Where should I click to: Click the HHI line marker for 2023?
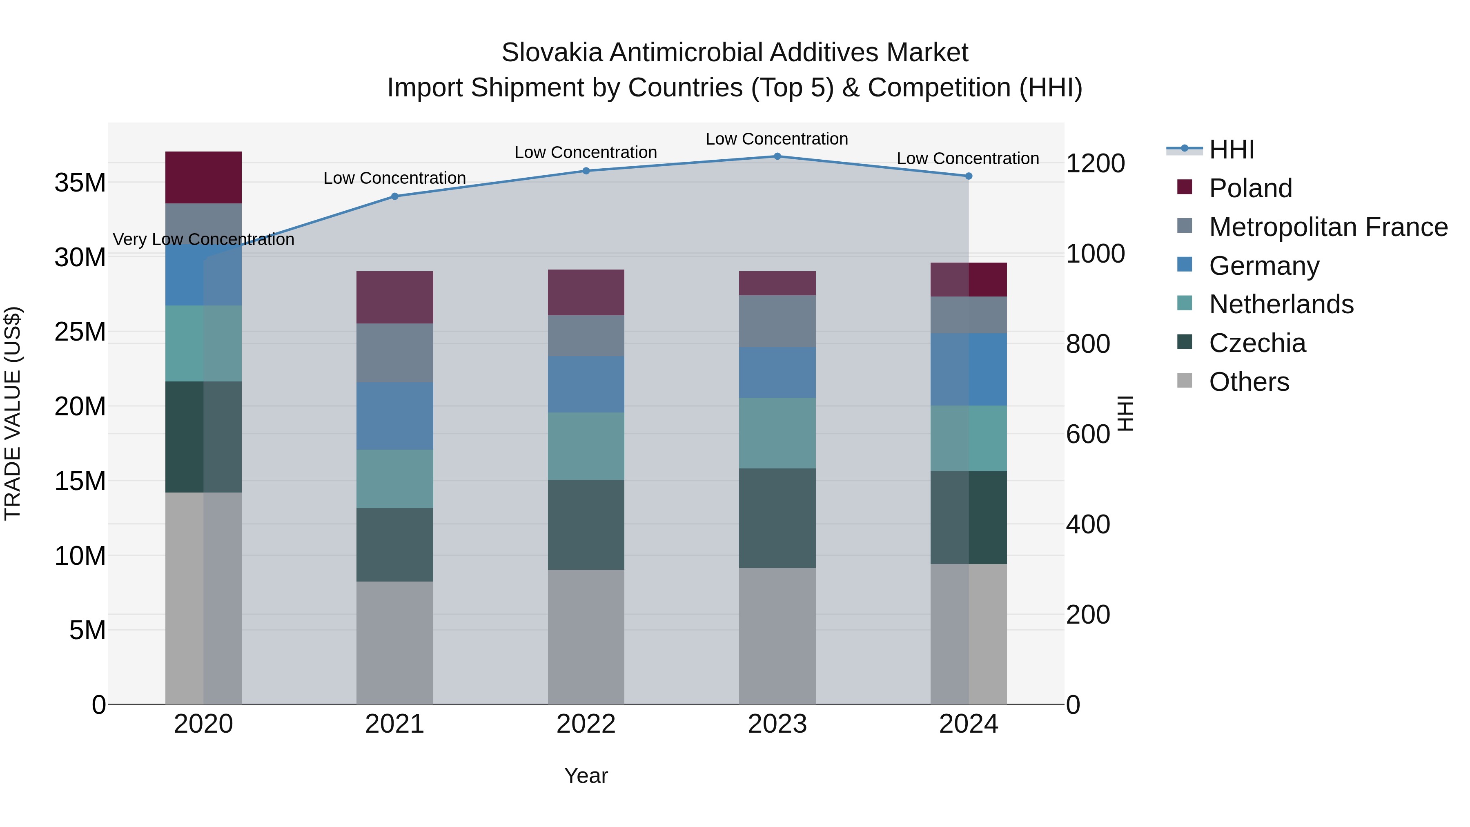tap(777, 156)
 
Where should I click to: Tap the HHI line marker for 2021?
tap(394, 196)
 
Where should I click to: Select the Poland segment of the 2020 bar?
tap(203, 178)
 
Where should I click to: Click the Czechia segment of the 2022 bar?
tap(586, 524)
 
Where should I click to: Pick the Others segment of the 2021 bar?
tap(394, 643)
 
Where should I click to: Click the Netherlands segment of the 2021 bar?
tap(394, 479)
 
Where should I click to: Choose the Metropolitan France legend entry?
tap(1327, 227)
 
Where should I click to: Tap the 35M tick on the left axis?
tap(80, 183)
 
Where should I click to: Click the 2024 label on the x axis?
tap(969, 724)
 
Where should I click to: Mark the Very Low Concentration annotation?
tap(203, 239)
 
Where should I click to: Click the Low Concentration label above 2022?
tap(586, 152)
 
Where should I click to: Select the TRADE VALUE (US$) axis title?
tap(13, 413)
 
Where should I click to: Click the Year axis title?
tap(586, 776)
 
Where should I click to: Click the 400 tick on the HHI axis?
tap(1088, 524)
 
